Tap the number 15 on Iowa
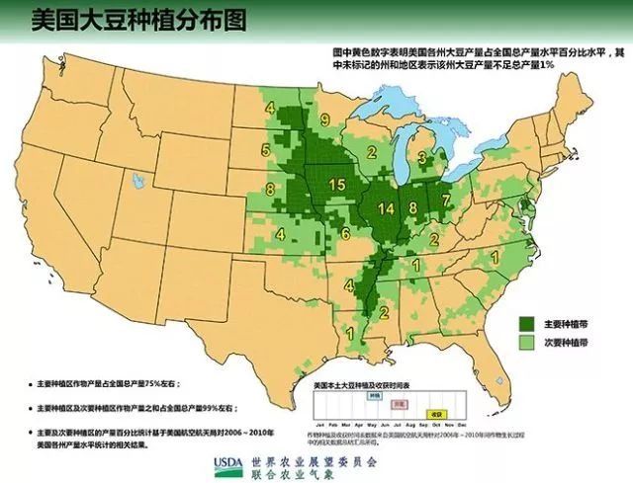click(336, 185)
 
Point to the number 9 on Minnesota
click(324, 121)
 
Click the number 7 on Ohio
click(446, 199)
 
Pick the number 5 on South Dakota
click(265, 150)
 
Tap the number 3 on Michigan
click(419, 157)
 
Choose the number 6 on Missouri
click(345, 234)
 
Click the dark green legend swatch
click(528, 323)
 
